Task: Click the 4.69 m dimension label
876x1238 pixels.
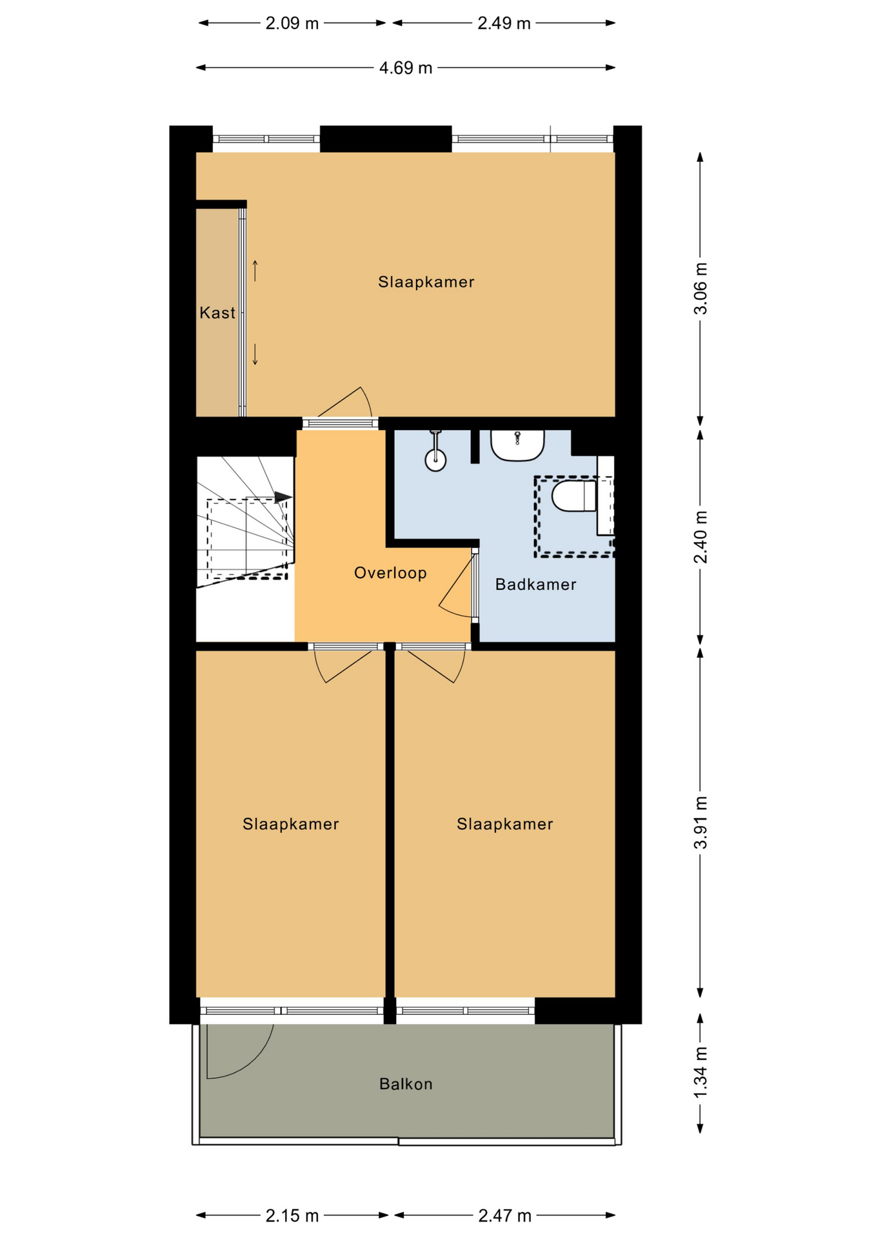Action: [x=405, y=68]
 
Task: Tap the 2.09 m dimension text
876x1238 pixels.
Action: [x=292, y=23]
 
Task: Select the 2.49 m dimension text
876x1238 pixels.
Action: [x=504, y=23]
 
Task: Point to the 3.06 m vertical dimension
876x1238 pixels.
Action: [x=700, y=289]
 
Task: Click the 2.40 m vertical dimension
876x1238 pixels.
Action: [x=700, y=536]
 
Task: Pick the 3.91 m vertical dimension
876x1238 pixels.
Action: [x=700, y=822]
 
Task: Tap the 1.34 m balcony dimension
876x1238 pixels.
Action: [x=700, y=1073]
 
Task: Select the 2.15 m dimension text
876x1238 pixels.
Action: [x=292, y=1215]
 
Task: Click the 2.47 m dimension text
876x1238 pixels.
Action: [x=504, y=1215]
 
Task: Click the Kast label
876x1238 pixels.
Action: [x=217, y=313]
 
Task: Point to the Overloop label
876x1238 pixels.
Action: [x=390, y=573]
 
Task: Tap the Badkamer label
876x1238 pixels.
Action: [x=535, y=584]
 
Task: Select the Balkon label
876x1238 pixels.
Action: [x=406, y=1084]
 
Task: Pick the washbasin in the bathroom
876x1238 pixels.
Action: [x=517, y=446]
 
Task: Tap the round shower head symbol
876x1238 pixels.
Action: [x=435, y=460]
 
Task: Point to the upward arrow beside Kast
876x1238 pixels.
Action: [x=255, y=271]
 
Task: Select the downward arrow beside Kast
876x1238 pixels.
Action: [x=255, y=354]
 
